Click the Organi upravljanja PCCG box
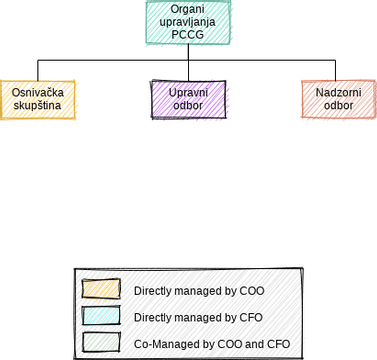tap(187, 21)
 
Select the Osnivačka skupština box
tap(38, 100)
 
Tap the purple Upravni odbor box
tap(188, 100)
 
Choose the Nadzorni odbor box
tap(339, 100)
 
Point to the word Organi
tap(187, 8)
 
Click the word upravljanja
tap(187, 21)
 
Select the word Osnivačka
tap(38, 93)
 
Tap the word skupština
tap(38, 106)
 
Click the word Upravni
tap(188, 93)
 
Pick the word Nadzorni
tap(339, 93)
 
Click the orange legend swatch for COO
tap(100, 290)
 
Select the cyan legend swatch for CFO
tap(100, 316)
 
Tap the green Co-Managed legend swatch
tap(100, 342)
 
